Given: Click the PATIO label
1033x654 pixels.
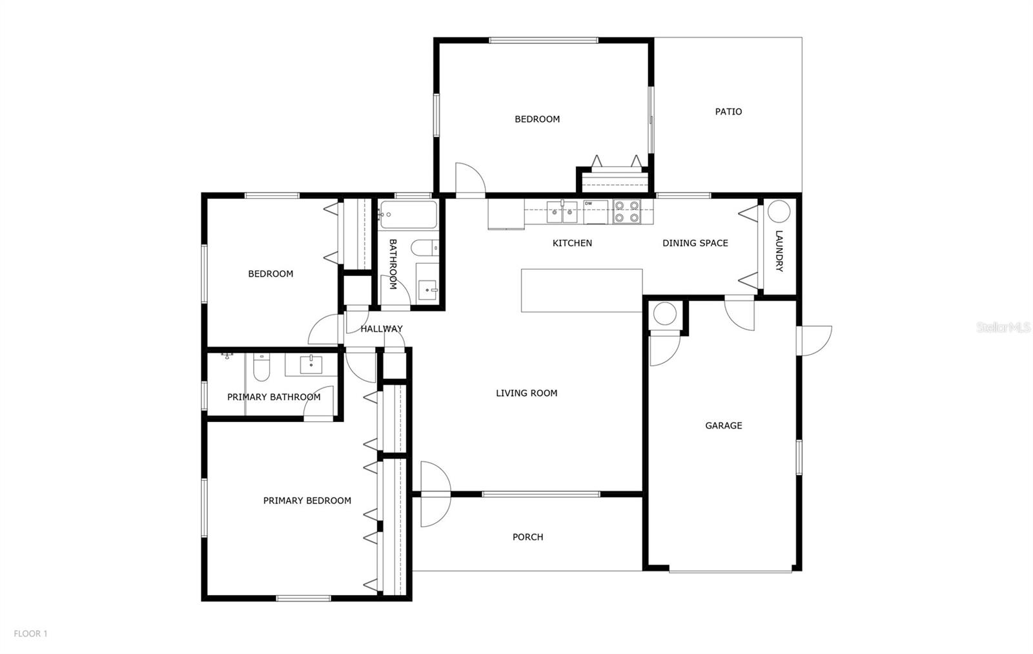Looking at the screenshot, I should coord(728,112).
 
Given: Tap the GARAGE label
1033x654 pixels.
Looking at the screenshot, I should coord(723,425).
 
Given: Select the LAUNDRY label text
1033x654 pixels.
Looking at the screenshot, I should coord(779,251).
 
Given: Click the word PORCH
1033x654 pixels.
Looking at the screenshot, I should coord(527,537).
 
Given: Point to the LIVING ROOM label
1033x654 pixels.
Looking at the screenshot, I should coord(526,393).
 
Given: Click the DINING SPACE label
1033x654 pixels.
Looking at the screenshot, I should coord(695,243).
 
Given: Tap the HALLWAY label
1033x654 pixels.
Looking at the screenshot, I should coord(381,329).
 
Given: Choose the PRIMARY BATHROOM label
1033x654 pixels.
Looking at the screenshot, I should coord(274,397).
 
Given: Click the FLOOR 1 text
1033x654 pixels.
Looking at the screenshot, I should coord(30,634).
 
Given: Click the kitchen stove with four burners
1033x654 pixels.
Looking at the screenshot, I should coord(626,212).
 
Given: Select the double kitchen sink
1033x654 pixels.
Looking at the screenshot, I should coord(562,212).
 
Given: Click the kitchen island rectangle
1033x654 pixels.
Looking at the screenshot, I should coord(582,291).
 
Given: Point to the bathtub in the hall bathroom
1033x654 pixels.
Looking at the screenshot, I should coord(408,214).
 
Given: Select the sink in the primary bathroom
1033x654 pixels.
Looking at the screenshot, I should coord(311,365).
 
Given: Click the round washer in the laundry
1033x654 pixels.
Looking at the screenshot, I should coord(779,211).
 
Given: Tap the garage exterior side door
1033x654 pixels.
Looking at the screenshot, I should coord(815,341).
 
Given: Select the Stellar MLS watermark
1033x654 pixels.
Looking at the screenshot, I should coord(1003,328).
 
